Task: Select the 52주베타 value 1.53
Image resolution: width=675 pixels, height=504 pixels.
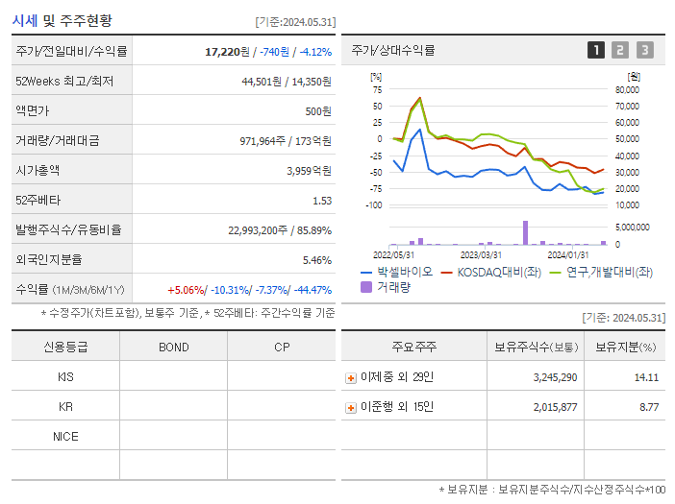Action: coord(321,201)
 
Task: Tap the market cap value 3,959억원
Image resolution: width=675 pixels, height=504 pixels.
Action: coord(309,171)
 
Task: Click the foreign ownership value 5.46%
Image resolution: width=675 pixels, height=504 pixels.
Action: coord(316,260)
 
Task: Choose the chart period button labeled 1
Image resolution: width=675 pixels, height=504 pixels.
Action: coord(596,50)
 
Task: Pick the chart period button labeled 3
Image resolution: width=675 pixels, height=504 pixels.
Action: coord(644,50)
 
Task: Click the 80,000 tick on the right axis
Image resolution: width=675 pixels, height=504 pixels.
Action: coord(627,89)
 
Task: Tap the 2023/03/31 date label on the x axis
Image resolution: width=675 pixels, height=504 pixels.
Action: coord(481,254)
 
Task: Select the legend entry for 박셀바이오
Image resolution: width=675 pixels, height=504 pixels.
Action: coord(396,272)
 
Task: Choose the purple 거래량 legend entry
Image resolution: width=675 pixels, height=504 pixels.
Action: coord(390,287)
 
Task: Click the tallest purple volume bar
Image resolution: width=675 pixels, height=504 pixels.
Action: coord(525,232)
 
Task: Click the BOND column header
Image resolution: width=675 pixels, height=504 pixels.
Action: coord(173,347)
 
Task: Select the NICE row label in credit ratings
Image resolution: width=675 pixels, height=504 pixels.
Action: coord(65,436)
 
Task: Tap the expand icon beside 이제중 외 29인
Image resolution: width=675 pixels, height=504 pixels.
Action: coord(350,378)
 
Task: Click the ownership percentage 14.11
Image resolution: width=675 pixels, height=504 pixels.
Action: coord(646,378)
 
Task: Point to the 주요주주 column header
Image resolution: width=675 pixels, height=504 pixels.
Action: coord(412,347)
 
